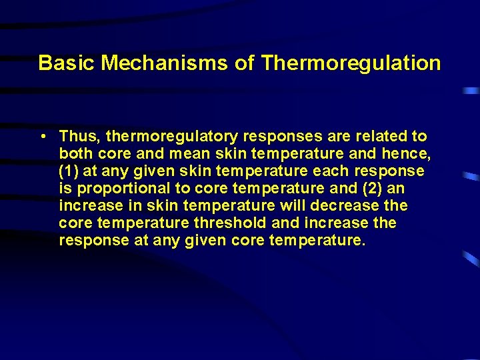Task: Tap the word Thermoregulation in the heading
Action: point(351,63)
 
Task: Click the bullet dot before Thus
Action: point(42,137)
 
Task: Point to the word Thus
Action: point(79,137)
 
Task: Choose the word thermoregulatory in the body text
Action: point(171,137)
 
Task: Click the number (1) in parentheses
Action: point(69,171)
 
